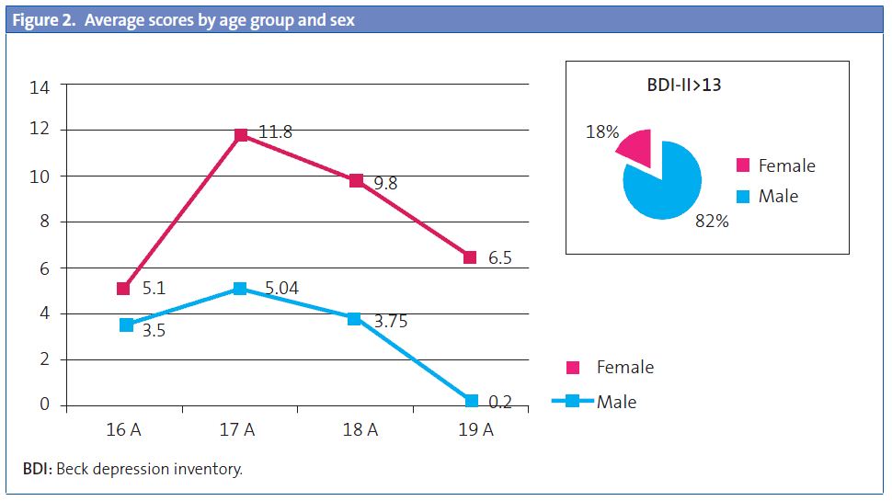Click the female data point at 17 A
pos(241,135)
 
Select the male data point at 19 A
pos(471,401)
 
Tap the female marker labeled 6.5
pos(470,257)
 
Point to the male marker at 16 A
pos(126,325)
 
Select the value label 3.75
pos(391,321)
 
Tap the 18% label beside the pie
pos(601,133)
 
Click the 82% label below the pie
pos(712,221)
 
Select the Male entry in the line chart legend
pos(616,402)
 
